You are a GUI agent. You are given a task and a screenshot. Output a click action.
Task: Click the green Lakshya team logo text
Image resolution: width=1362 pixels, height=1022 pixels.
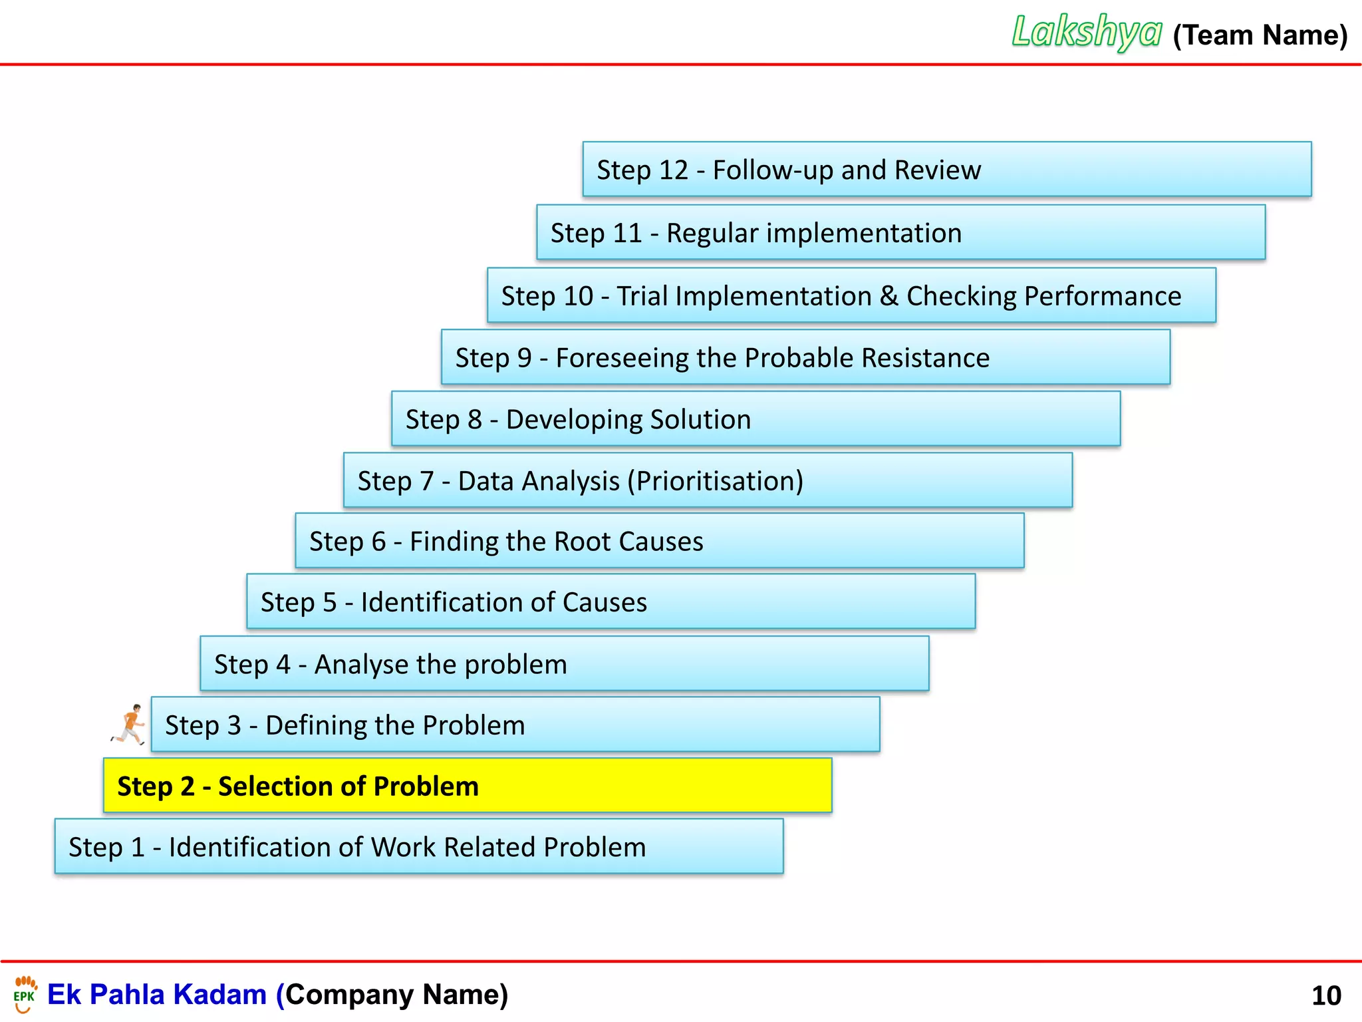(x=1087, y=32)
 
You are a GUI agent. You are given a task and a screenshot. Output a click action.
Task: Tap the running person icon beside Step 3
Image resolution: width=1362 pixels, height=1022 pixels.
(x=129, y=725)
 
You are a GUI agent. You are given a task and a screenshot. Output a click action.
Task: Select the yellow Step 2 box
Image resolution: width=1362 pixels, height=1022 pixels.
(x=468, y=786)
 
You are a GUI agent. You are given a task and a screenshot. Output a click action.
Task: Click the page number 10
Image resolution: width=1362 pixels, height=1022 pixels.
(x=1326, y=996)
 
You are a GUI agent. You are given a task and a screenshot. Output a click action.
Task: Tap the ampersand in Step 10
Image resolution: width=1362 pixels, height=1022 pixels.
(x=889, y=296)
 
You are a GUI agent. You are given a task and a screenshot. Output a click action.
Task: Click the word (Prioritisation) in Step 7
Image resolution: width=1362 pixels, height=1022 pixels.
(x=716, y=481)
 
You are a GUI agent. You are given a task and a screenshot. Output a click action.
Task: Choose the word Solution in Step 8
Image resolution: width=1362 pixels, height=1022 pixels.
(x=700, y=420)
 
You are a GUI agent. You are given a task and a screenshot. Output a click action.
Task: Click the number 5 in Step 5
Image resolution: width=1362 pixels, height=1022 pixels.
(x=330, y=603)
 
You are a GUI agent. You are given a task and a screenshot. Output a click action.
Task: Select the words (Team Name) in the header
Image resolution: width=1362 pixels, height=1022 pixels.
(x=1260, y=35)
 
